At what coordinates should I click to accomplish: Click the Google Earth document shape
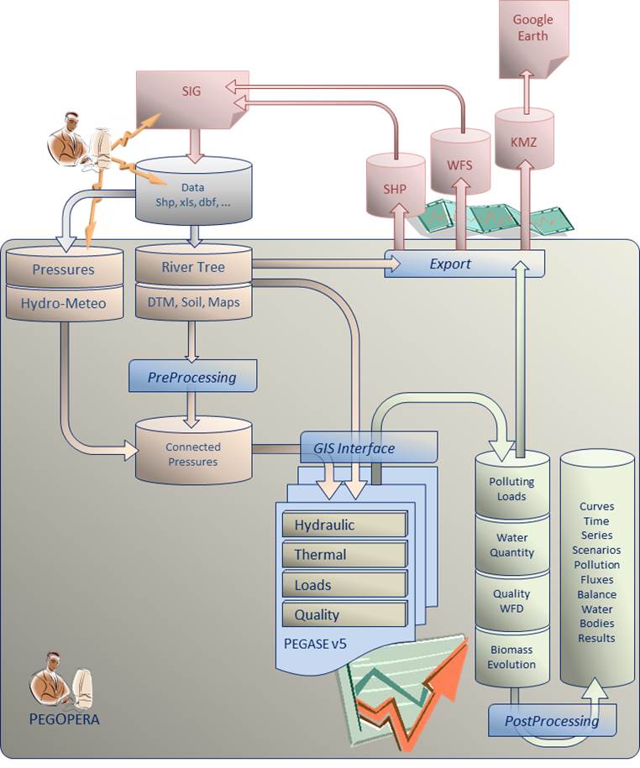tap(533, 34)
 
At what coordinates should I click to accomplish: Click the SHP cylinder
tap(395, 186)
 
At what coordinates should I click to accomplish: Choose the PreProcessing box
tap(192, 377)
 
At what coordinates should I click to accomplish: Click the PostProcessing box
tap(552, 720)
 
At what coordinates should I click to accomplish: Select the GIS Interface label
tap(354, 448)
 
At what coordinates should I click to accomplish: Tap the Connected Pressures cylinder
tap(192, 453)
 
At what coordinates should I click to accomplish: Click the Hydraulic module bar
tap(344, 525)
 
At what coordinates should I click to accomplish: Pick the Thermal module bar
tap(344, 555)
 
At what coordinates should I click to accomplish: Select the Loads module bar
tap(344, 585)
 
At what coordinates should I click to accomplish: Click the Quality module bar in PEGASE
tap(344, 614)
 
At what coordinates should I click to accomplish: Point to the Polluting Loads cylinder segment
tap(511, 488)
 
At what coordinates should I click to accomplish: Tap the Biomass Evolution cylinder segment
tap(511, 656)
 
